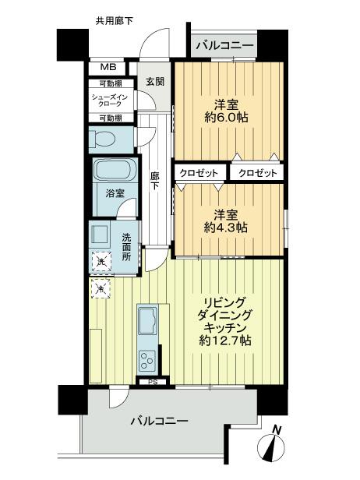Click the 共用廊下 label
(x=114, y=20)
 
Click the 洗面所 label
(x=127, y=244)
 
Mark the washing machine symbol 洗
(x=101, y=263)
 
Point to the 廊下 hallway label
(x=155, y=182)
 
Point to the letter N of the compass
(x=276, y=429)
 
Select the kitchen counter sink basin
(x=146, y=319)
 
